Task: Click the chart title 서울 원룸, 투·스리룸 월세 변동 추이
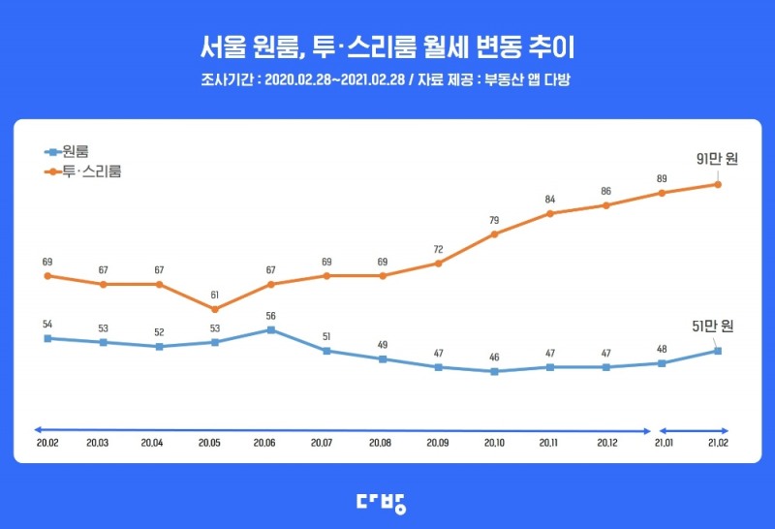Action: click(387, 47)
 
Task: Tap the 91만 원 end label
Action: click(716, 159)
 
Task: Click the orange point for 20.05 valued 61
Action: click(215, 309)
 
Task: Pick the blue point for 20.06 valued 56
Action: click(270, 329)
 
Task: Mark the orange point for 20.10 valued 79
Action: click(494, 233)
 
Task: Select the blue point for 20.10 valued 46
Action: click(494, 371)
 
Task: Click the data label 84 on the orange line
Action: click(550, 200)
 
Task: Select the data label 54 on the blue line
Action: click(46, 324)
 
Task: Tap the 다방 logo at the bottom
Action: click(387, 501)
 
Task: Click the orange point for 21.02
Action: click(718, 184)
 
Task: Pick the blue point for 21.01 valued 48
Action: click(662, 363)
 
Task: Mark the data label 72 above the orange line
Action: click(438, 249)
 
